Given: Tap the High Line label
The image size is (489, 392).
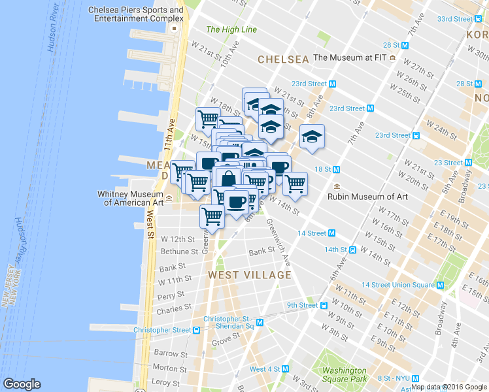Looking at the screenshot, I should point(223,29).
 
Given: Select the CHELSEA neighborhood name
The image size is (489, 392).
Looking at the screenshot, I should point(282,59).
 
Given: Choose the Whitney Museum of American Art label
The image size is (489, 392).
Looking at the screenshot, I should point(129,198).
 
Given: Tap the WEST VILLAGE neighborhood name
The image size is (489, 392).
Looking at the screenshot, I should point(249,275).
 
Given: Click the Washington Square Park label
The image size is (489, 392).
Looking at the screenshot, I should point(345,375).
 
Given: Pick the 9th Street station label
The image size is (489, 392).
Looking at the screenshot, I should point(301,305).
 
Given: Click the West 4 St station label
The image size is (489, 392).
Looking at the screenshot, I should point(265,369).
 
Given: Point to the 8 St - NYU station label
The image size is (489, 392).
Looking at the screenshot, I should point(393,378).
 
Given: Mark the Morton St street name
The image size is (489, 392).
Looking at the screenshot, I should point(170,368).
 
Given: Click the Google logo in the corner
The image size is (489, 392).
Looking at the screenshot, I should point(22,384).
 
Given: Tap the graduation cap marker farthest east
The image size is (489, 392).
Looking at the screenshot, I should point(312,137).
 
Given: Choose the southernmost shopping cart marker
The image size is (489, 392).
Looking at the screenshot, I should point(212,216).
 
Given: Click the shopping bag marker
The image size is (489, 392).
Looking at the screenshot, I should point(229,178).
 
